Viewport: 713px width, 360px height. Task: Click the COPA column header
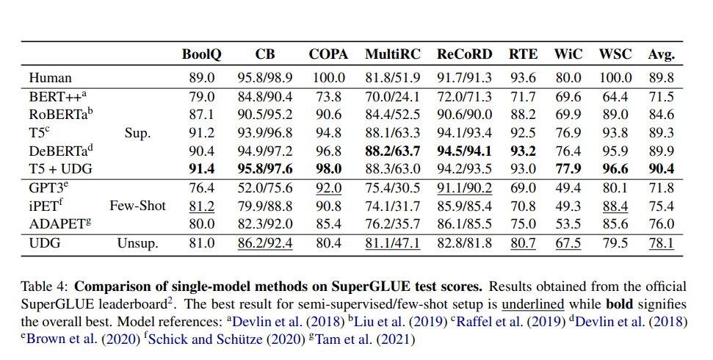click(x=327, y=54)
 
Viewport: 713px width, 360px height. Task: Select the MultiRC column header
click(x=393, y=54)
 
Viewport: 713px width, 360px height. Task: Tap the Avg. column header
click(x=661, y=54)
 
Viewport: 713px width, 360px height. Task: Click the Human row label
click(x=50, y=77)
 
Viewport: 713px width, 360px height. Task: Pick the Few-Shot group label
click(x=137, y=206)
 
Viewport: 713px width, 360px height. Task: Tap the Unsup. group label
click(x=137, y=243)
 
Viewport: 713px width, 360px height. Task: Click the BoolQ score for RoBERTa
click(x=201, y=115)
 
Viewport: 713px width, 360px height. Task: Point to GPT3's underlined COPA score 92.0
click(x=327, y=188)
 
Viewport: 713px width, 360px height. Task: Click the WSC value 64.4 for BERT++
click(x=615, y=96)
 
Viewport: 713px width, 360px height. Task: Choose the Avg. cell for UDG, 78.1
click(x=661, y=243)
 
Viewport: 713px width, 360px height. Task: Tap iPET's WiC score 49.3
click(x=568, y=206)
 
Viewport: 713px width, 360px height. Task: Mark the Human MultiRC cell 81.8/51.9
click(x=393, y=77)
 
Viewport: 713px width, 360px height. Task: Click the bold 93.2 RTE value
click(x=523, y=151)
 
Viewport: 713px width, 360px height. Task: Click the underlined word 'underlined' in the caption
click(x=532, y=304)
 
